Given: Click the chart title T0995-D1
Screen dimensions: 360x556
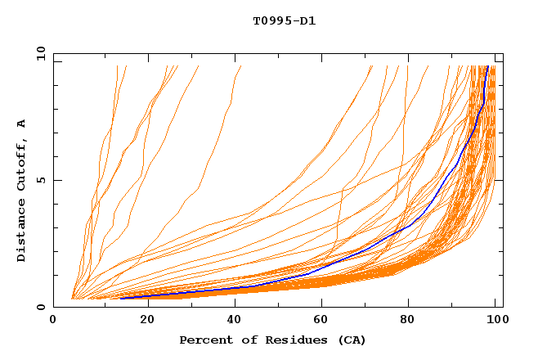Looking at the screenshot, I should pyautogui.click(x=284, y=21).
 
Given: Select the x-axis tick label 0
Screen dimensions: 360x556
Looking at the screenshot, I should pyautogui.click(x=54, y=321).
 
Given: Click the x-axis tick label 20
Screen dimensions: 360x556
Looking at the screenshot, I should pyautogui.click(x=142, y=321).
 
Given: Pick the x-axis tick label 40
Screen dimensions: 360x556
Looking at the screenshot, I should pyautogui.click(x=231, y=321).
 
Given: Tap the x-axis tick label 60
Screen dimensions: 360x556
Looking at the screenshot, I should pyautogui.click(x=319, y=321).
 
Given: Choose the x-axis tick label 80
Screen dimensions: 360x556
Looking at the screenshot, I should pyautogui.click(x=407, y=321).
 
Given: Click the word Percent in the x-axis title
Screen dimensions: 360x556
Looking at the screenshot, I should pyautogui.click(x=205, y=340).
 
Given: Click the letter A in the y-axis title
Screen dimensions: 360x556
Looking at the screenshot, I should pyautogui.click(x=22, y=123).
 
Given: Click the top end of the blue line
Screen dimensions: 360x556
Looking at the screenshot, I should pyautogui.click(x=488, y=66).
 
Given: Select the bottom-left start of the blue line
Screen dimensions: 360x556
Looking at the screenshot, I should pyautogui.click(x=120, y=298).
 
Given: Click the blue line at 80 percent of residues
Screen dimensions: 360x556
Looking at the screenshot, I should pyautogui.click(x=407, y=227).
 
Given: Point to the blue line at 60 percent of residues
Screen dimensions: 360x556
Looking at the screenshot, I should pyautogui.click(x=319, y=268).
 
